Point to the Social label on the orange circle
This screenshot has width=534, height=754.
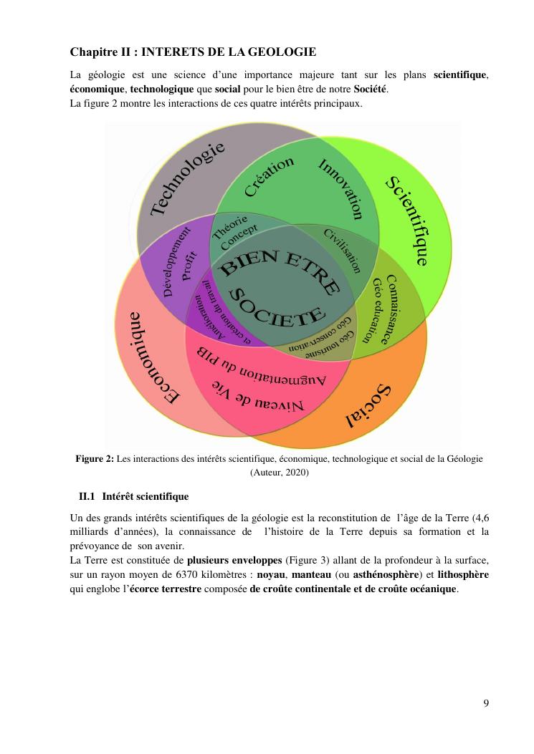tap(368, 406)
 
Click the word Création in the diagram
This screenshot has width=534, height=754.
tap(269, 176)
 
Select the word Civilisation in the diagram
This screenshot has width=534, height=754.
tap(342, 250)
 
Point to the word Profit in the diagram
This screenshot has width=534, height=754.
tap(190, 266)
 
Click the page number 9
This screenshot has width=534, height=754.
tap(486, 702)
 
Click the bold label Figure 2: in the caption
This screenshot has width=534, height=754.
tap(95, 459)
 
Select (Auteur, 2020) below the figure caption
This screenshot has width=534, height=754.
tap(280, 472)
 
